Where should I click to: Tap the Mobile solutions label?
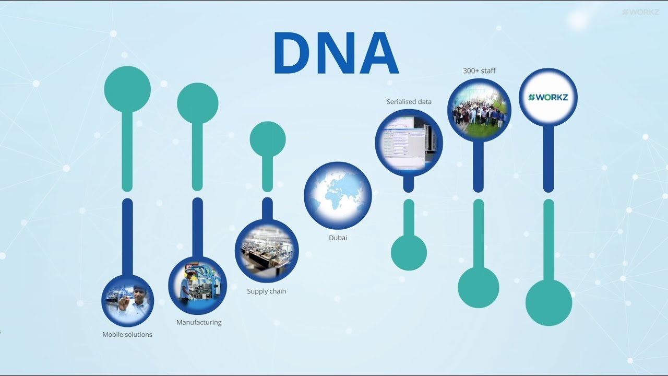(127, 334)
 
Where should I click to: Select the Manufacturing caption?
(199, 322)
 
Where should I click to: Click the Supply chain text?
(266, 291)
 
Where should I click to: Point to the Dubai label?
(338, 238)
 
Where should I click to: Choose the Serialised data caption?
(409, 101)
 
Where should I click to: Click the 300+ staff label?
(479, 70)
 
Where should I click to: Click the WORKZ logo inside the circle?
(548, 97)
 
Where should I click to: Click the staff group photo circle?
(479, 110)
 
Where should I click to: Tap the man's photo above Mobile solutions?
(127, 301)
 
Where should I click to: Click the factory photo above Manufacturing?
(197, 285)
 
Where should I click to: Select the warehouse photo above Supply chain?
(267, 251)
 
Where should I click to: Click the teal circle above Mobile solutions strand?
(127, 89)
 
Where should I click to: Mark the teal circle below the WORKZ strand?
(548, 302)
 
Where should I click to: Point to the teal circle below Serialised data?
(409, 253)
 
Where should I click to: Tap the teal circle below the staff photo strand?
(479, 288)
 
